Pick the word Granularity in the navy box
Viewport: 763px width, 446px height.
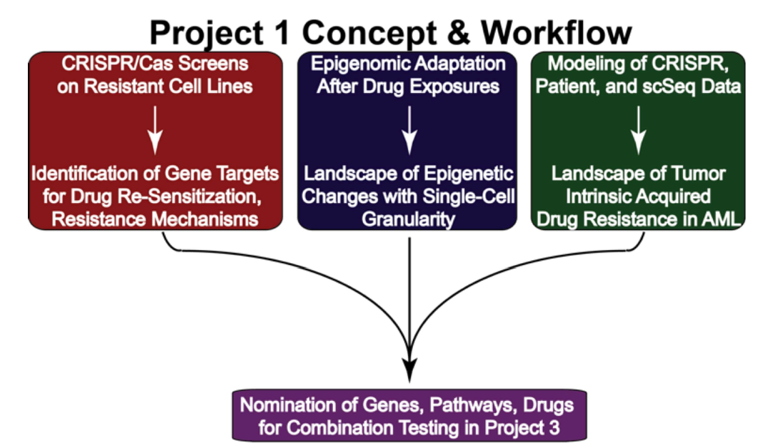coord(408,218)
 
